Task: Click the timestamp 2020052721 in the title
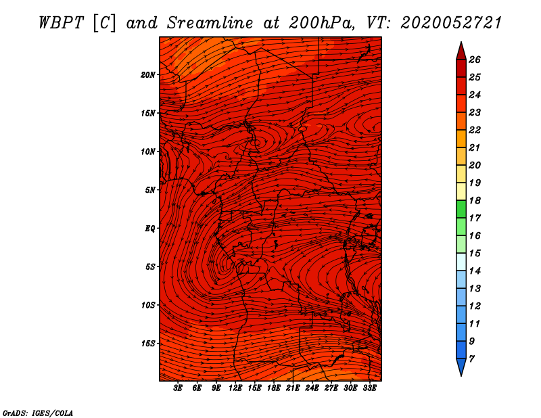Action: pyautogui.click(x=451, y=22)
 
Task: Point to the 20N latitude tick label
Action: pyautogui.click(x=148, y=74)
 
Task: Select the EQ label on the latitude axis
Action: pyautogui.click(x=149, y=228)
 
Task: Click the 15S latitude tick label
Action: pyautogui.click(x=148, y=343)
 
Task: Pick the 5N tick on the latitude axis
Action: pyautogui.click(x=150, y=189)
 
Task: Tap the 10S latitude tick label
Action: pyautogui.click(x=148, y=305)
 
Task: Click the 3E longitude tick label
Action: pyautogui.click(x=179, y=388)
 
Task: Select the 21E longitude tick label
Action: pyautogui.click(x=293, y=388)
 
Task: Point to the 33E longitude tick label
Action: pyautogui.click(x=369, y=388)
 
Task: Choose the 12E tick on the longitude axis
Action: pyautogui.click(x=235, y=388)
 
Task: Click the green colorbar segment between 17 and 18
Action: pyautogui.click(x=461, y=209)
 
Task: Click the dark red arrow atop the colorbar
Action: pyautogui.click(x=461, y=50)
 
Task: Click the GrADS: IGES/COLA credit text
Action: pyautogui.click(x=37, y=412)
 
